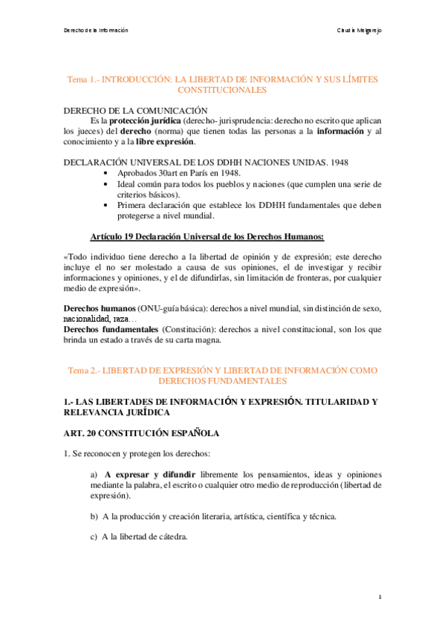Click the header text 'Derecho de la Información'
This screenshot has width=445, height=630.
tap(95, 30)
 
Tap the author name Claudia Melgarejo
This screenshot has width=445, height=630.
tap(360, 30)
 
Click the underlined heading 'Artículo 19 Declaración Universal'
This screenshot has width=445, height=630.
tap(207, 236)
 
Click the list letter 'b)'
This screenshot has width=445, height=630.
tap(94, 516)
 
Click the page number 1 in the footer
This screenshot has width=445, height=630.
tap(380, 597)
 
